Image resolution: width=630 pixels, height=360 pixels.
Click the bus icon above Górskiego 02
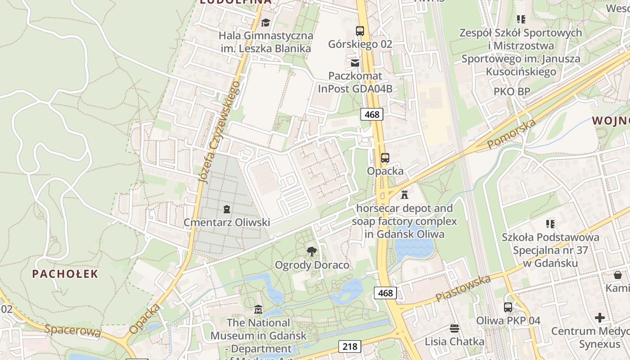(x=360, y=31)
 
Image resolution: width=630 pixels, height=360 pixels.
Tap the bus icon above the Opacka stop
(x=385, y=158)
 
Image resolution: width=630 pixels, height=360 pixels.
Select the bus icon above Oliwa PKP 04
(x=508, y=307)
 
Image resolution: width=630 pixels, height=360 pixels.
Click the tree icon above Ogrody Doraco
(x=311, y=252)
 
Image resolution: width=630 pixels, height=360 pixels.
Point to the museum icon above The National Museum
(x=258, y=310)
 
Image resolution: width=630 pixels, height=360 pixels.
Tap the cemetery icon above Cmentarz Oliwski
(x=226, y=209)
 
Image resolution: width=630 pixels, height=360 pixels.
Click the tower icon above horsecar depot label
(x=404, y=195)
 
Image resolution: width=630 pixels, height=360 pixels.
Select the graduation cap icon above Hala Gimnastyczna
(x=265, y=22)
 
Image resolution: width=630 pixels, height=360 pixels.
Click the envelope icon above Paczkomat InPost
(x=355, y=63)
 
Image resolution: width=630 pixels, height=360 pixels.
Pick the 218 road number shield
(x=350, y=346)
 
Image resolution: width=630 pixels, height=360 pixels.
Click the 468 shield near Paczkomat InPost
(x=372, y=114)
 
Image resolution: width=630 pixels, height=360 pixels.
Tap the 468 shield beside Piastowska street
(x=386, y=293)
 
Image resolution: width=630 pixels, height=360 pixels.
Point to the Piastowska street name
(x=463, y=289)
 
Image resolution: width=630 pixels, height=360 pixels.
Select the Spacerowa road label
(x=72, y=330)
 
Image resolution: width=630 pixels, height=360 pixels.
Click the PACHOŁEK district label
(x=65, y=274)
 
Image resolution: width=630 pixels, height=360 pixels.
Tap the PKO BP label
(x=512, y=91)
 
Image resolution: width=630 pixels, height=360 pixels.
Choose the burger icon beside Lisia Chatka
(x=454, y=328)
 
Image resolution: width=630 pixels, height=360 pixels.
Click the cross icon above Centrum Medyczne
(x=599, y=318)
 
